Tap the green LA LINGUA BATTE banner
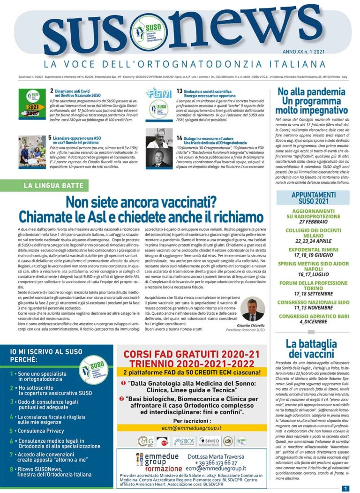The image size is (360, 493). pyautogui.click(x=53, y=186)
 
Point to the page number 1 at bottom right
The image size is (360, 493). pyautogui.click(x=345, y=488)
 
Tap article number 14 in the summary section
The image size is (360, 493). pyautogui.click(x=180, y=138)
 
